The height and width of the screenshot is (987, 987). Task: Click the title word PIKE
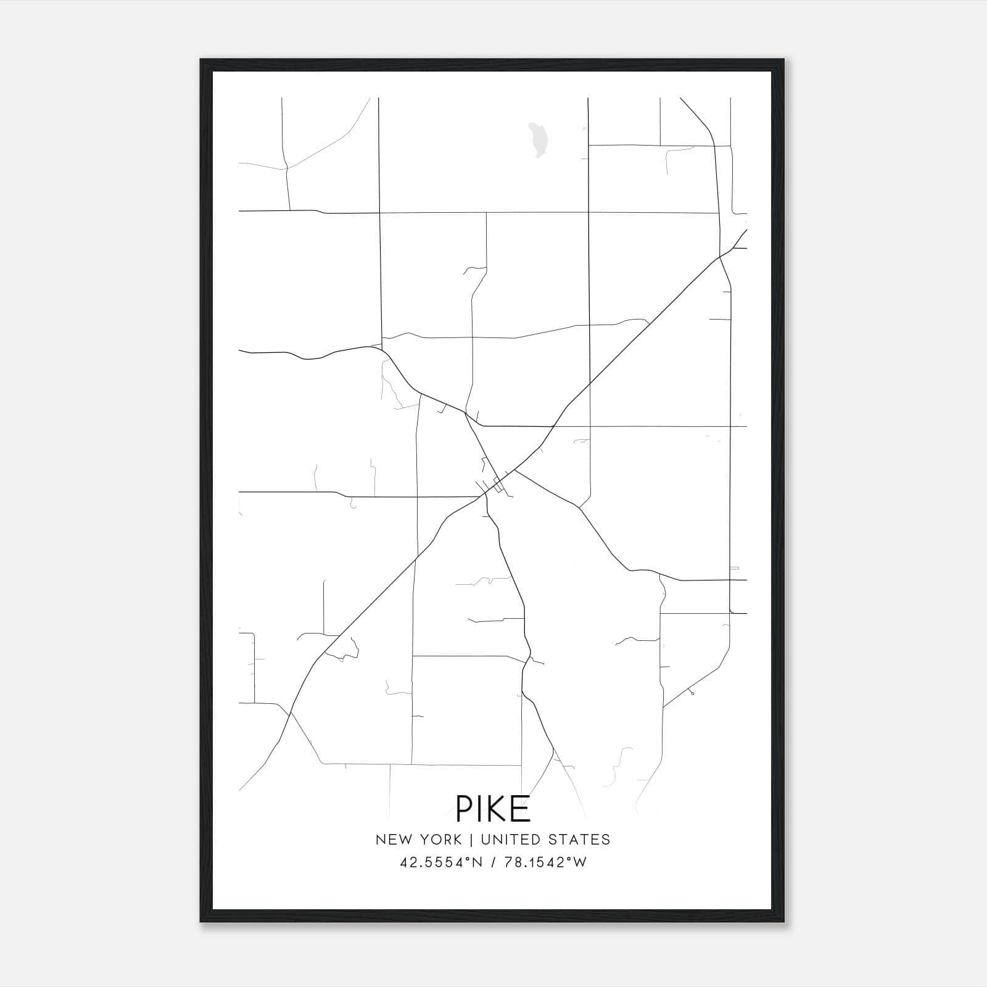[493, 809]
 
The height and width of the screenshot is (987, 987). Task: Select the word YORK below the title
[441, 840]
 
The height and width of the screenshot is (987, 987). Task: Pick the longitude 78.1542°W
[546, 862]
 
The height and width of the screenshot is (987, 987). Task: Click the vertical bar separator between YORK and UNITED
[471, 840]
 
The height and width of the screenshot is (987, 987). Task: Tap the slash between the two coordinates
[495, 862]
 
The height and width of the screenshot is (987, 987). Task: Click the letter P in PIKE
[464, 809]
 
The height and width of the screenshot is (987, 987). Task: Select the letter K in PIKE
[498, 809]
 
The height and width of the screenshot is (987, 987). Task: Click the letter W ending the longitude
[580, 862]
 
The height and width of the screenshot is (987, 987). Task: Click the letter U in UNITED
[485, 840]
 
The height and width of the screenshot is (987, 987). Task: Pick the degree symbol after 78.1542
[569, 859]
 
